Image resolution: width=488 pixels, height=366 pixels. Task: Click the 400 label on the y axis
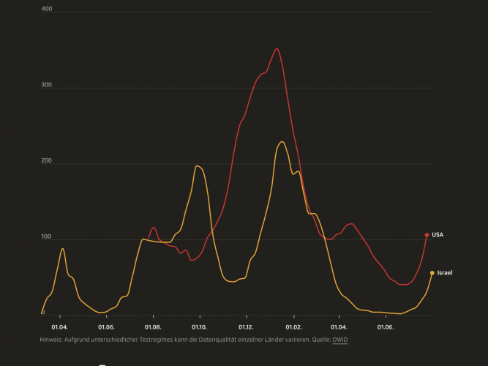tap(47, 9)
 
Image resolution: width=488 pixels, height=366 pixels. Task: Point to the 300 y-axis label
tap(47, 85)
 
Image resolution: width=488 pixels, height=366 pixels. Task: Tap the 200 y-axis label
tap(47, 160)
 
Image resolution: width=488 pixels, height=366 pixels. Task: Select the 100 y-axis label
tap(47, 236)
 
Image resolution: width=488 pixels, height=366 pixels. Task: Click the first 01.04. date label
tap(59, 327)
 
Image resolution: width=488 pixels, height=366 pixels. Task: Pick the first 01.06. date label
tap(106, 327)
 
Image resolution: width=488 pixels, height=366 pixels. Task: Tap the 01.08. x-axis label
tap(153, 327)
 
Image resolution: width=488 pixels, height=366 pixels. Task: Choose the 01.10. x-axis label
tap(199, 327)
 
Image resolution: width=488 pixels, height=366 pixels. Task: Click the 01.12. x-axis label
tap(246, 327)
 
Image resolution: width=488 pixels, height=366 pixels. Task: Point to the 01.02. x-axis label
tap(293, 327)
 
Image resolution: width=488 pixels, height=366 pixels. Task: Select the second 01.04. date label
tap(339, 327)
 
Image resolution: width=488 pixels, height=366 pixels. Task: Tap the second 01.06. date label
tap(385, 327)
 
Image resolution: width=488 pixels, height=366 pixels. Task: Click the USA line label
tap(438, 235)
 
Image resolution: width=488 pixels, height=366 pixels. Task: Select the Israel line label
tap(445, 273)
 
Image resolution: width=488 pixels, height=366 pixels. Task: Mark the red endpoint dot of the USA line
tap(427, 235)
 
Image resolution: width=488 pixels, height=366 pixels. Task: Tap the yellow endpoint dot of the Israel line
tap(432, 273)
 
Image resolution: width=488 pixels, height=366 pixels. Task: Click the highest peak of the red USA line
tap(277, 49)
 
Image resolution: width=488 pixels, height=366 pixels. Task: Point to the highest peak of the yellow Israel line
tap(282, 142)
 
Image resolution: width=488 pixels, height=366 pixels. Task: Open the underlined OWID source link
tap(340, 340)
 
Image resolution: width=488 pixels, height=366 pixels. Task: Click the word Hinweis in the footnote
tap(52, 340)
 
